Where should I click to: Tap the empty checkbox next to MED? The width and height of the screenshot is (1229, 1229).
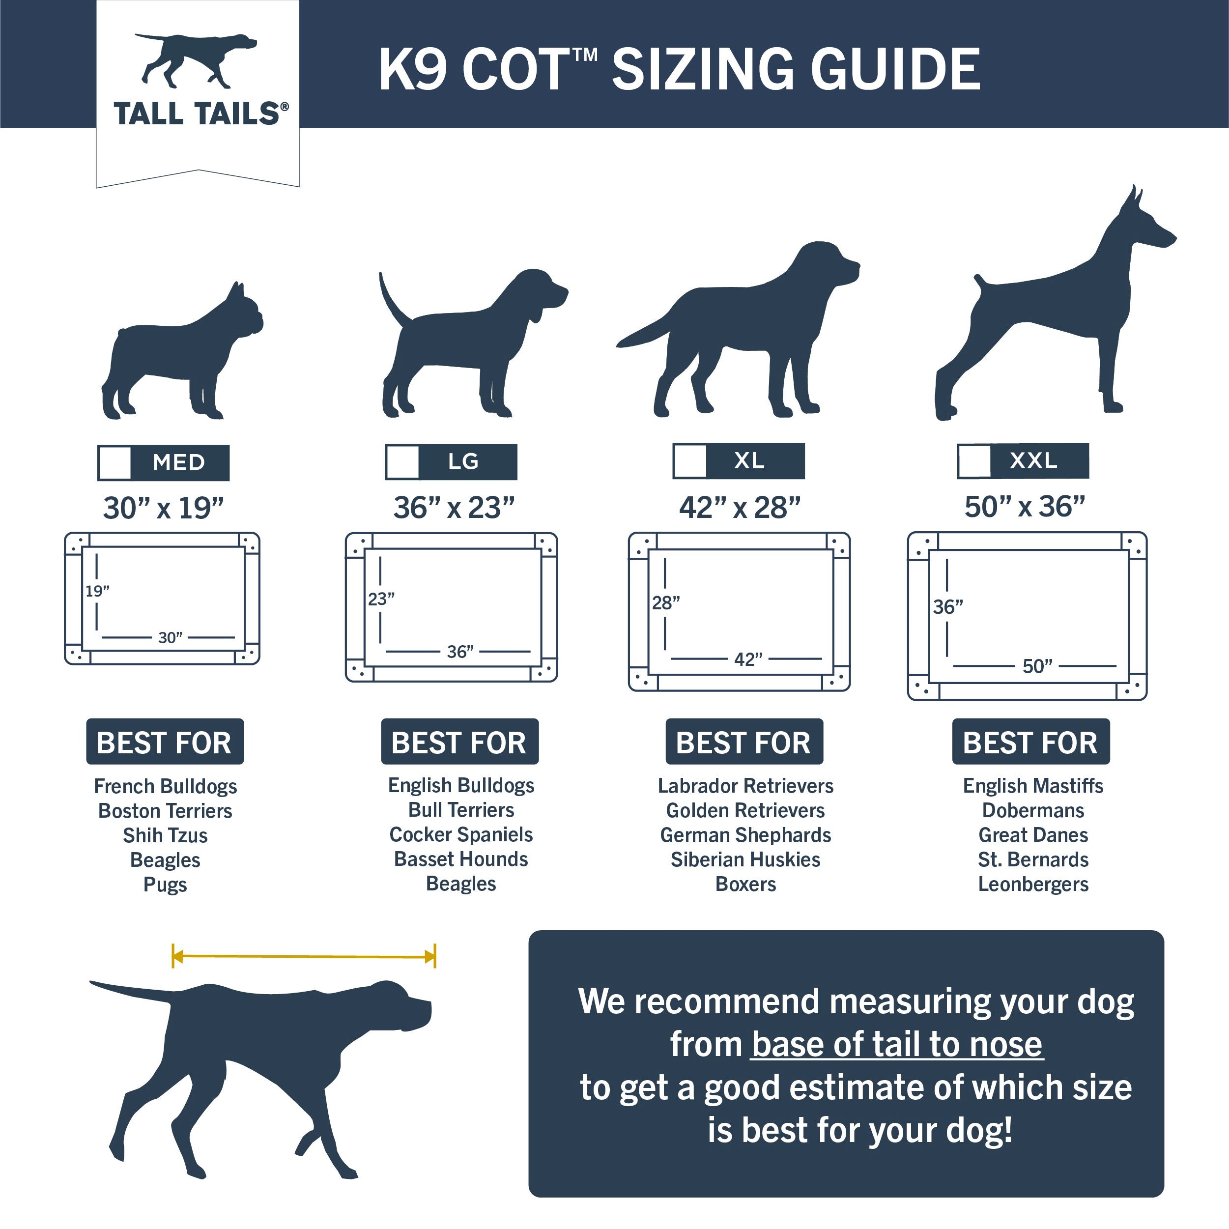(x=115, y=462)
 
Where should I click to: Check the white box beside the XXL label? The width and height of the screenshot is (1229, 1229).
(x=974, y=460)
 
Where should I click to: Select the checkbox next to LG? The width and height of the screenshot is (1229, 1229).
(x=402, y=462)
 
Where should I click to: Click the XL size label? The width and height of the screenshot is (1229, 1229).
(x=749, y=460)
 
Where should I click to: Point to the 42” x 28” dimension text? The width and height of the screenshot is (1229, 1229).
(x=739, y=508)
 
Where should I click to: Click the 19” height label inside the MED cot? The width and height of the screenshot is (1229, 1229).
(x=97, y=591)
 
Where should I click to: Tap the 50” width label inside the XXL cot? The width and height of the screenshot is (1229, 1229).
(x=1037, y=666)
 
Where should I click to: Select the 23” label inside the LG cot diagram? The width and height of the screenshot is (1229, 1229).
(x=381, y=599)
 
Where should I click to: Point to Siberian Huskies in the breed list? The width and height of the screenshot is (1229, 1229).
(x=745, y=859)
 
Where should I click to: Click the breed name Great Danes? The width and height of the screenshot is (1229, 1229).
(x=1032, y=834)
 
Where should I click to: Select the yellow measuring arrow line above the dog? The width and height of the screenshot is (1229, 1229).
(x=304, y=956)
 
